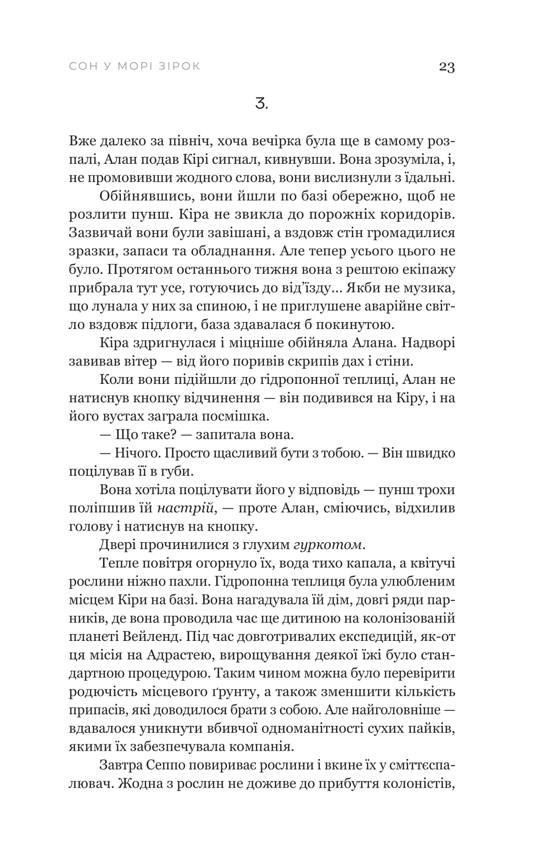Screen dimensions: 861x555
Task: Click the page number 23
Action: tap(446, 67)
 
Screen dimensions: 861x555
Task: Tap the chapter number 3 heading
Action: tap(261, 104)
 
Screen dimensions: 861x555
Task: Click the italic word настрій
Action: tap(186, 508)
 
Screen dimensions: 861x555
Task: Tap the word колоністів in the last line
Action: tap(418, 784)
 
